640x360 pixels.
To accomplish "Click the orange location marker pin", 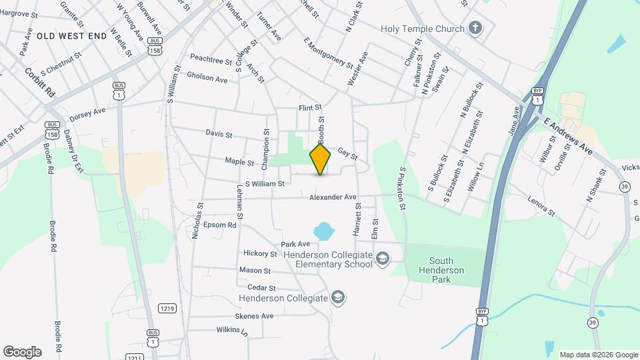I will pos(321,159).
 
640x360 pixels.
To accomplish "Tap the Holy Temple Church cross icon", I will pos(475,29).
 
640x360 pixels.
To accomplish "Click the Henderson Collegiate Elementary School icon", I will pos(383,259).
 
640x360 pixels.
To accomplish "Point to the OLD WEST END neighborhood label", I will pos(72,35).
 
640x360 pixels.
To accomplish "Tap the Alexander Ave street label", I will pos(333,197).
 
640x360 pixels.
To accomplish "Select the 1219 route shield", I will pos(167,307).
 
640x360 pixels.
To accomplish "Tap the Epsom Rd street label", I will pos(220,225).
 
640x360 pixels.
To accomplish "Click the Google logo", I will pos(22,352).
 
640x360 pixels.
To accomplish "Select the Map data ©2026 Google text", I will pos(598,355).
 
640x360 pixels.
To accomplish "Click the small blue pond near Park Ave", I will pos(323,231).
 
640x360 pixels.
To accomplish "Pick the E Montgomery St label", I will pos(328,53).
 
